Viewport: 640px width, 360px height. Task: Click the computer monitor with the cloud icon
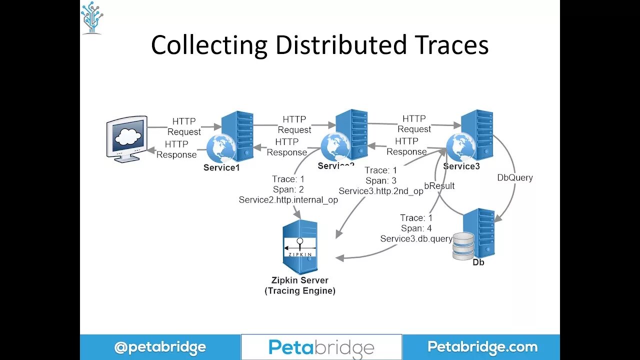pos(127,138)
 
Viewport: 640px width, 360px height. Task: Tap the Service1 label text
pos(221,168)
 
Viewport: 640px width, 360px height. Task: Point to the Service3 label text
pos(461,166)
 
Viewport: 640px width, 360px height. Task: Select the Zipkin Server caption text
pos(300,280)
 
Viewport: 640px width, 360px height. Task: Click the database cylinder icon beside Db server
pos(463,245)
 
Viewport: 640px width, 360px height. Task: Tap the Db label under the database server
pos(478,262)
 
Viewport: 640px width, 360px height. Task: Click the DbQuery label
pos(515,177)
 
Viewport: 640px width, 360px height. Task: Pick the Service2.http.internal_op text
pos(288,200)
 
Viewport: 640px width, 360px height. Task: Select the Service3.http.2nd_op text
pos(381,191)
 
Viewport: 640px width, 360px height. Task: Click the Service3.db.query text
pos(416,239)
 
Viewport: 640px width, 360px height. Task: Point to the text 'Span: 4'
pos(416,228)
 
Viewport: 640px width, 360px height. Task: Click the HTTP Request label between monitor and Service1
pos(184,126)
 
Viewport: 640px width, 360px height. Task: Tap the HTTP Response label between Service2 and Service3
pos(406,146)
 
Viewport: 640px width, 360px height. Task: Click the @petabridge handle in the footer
pos(160,347)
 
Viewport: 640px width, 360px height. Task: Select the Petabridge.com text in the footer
pos(482,347)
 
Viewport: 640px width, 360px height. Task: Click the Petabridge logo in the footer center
pos(321,347)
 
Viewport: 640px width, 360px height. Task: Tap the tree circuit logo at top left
pos(92,17)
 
